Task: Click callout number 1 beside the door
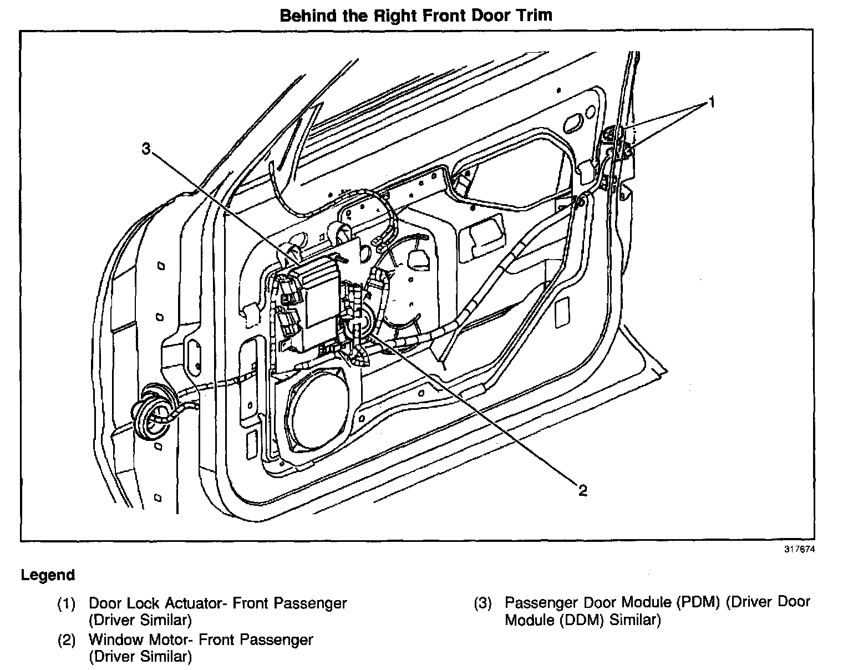(x=711, y=103)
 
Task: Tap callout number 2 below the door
(x=582, y=490)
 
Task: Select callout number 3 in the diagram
(x=146, y=149)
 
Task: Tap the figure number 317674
(x=800, y=550)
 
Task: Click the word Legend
(x=48, y=575)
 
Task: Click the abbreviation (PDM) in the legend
(x=693, y=602)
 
